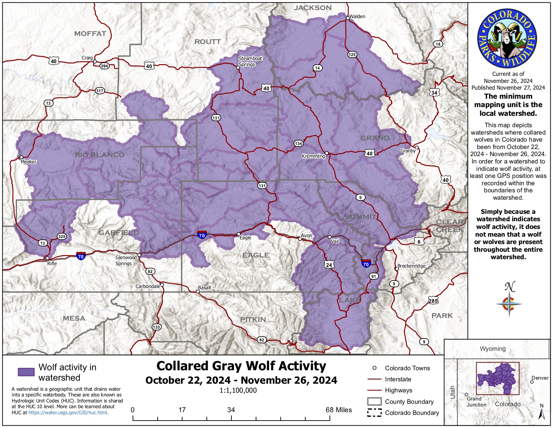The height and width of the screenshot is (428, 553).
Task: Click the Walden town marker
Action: pos(348,18)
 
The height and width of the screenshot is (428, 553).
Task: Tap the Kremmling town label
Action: pos(313,156)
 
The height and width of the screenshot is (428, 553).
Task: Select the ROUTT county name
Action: pos(207,42)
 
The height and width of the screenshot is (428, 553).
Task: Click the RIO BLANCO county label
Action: pos(100,155)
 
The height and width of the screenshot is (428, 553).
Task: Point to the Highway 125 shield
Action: pos(352,54)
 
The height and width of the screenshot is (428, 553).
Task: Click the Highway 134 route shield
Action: pos(298,143)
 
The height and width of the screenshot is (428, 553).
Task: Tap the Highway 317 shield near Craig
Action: pos(100,91)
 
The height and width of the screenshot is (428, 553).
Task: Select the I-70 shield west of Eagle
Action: pos(202,235)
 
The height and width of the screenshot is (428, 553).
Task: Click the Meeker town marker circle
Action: pos(21,157)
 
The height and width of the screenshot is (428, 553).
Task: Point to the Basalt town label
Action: pos(204,288)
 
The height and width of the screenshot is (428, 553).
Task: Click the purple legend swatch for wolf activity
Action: pos(26,372)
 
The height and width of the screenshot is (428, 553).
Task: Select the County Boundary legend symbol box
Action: pos(374,401)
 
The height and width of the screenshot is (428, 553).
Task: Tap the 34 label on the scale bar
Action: pos(231,410)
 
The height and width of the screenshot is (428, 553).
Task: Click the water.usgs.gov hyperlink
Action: pos(68,413)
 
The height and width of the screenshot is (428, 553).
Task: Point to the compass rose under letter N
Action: pos(509,304)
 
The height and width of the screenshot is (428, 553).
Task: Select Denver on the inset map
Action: pos(540,378)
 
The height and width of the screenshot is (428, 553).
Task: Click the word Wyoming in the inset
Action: pos(492,348)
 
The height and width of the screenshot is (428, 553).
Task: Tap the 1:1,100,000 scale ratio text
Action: pos(238,390)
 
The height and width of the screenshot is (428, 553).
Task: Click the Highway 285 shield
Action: pos(433,300)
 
